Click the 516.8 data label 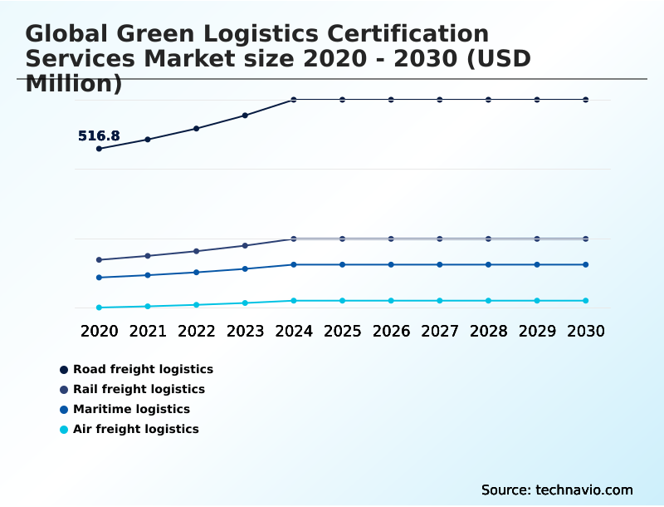coord(99,136)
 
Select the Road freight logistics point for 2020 coord(99,149)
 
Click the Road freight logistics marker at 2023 coord(245,116)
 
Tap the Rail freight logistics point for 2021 coord(148,256)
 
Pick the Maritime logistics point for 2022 coord(197,273)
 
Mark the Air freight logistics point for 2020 coord(99,308)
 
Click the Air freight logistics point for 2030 coord(585,301)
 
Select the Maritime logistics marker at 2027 coord(440,265)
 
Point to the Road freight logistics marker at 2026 coord(391,100)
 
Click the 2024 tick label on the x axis coord(294,331)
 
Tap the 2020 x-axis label coord(99,331)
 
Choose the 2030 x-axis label coord(585,331)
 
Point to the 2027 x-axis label coord(440,331)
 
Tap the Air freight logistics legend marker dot coord(64,430)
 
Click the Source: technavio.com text coord(557,490)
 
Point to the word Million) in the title coord(74,83)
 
